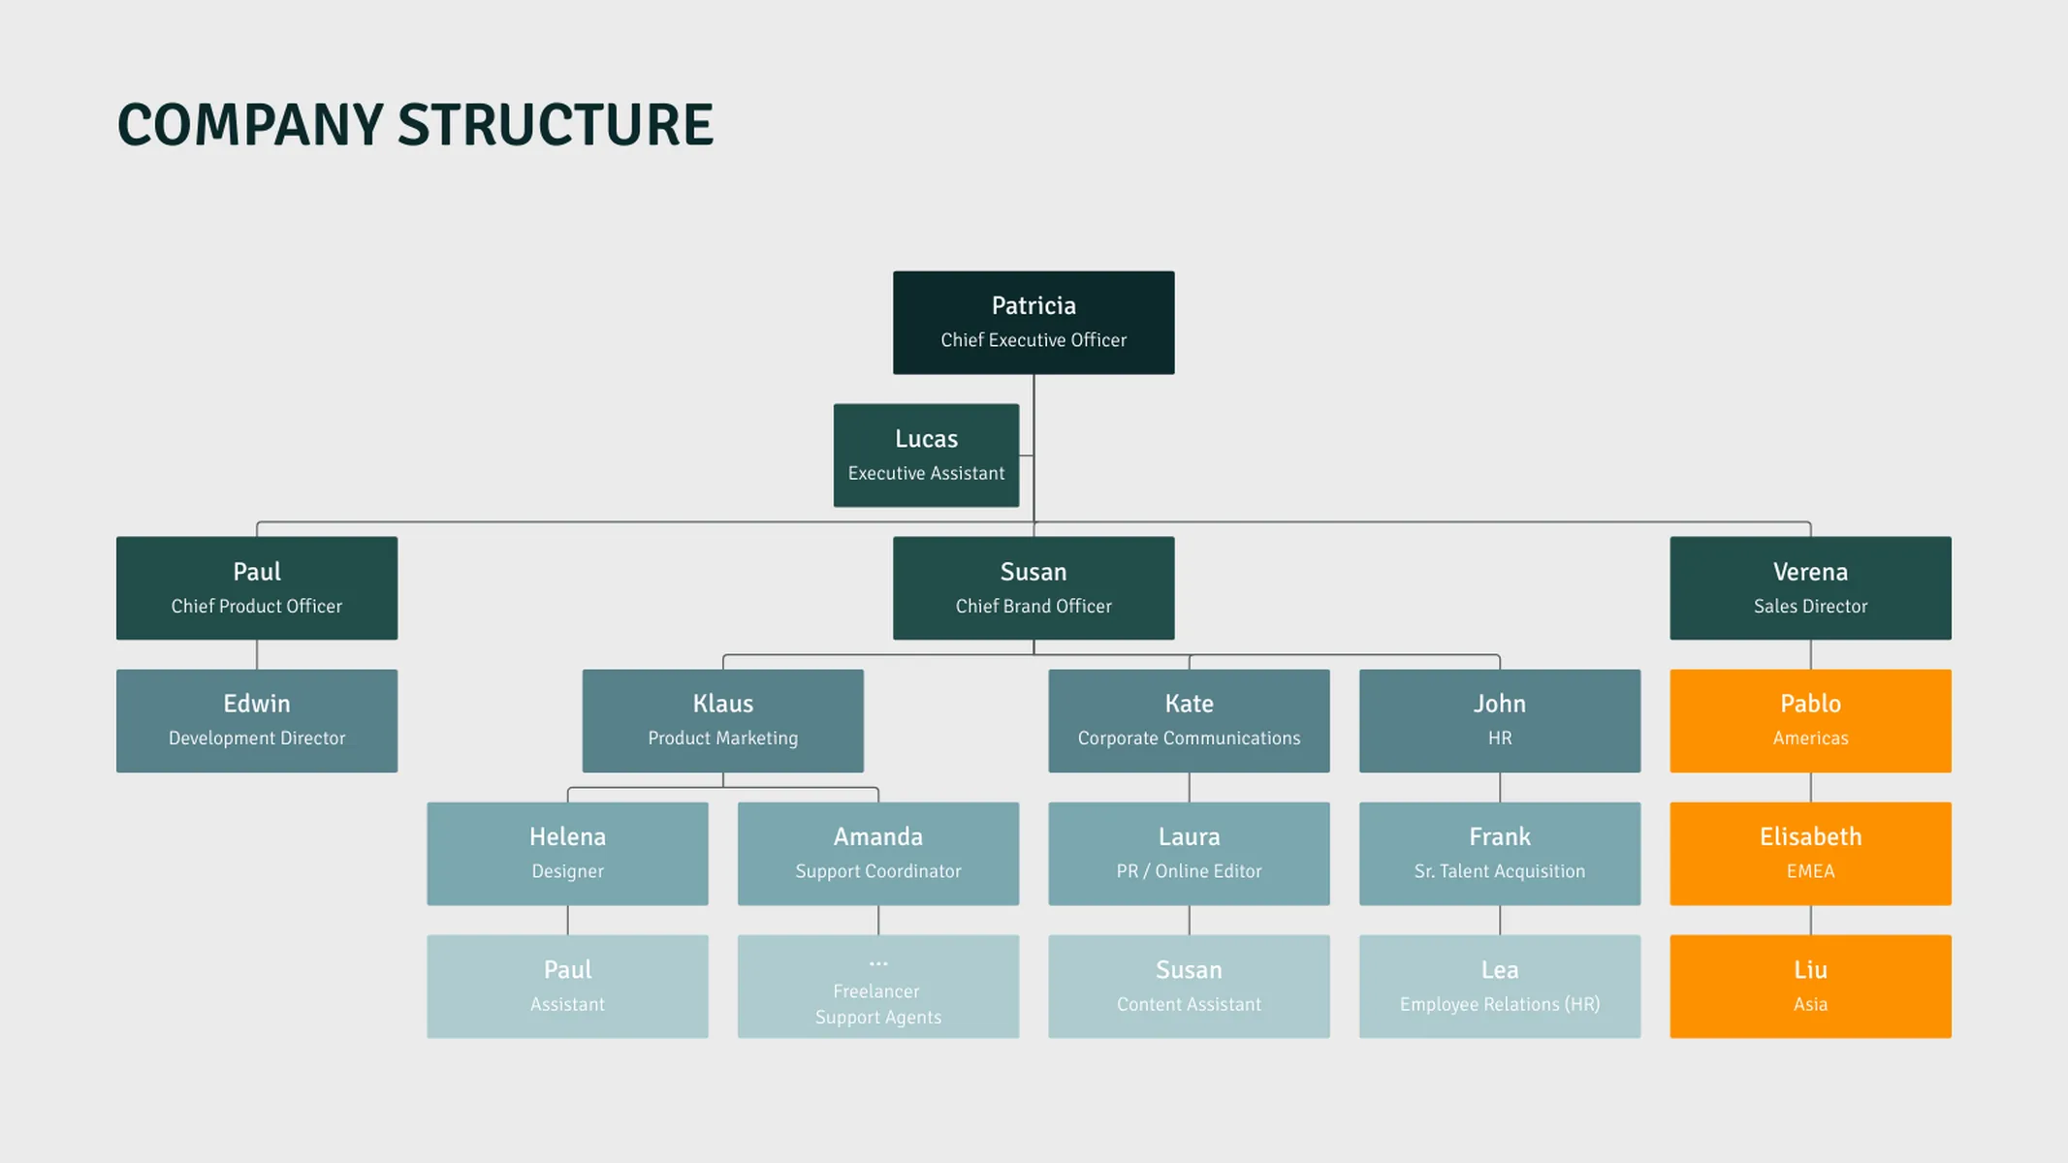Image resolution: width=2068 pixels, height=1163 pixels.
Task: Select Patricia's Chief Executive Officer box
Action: point(1034,323)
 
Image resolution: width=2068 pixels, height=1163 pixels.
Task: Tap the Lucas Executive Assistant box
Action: point(926,456)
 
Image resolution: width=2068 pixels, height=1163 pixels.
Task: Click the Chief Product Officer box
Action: point(257,588)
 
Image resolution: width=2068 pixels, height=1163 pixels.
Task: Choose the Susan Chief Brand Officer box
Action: point(1034,588)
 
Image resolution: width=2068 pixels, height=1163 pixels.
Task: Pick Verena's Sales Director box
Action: point(1810,588)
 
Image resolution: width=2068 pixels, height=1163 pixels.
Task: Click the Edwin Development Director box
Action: point(257,721)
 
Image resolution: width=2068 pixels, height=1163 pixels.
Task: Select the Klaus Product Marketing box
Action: point(722,721)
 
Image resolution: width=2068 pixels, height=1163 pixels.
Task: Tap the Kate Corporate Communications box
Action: point(1189,721)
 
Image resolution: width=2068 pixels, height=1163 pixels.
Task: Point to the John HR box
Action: point(1500,721)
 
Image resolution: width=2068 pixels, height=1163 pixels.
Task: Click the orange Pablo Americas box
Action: point(1810,721)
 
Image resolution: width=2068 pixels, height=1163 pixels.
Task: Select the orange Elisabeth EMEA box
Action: point(1810,854)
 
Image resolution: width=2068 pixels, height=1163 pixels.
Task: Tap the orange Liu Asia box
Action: point(1810,987)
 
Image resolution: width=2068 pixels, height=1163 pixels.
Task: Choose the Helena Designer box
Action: point(567,854)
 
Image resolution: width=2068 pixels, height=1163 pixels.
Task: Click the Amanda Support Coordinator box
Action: point(878,854)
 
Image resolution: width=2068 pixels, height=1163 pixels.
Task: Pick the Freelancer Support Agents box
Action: point(878,987)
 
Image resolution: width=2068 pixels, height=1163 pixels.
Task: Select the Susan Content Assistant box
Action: point(1189,987)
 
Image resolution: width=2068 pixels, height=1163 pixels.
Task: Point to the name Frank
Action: point(1500,836)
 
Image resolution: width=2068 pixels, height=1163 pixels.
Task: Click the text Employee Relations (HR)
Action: point(1500,1005)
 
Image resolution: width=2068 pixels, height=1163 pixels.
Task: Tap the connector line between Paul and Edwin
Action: point(257,655)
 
